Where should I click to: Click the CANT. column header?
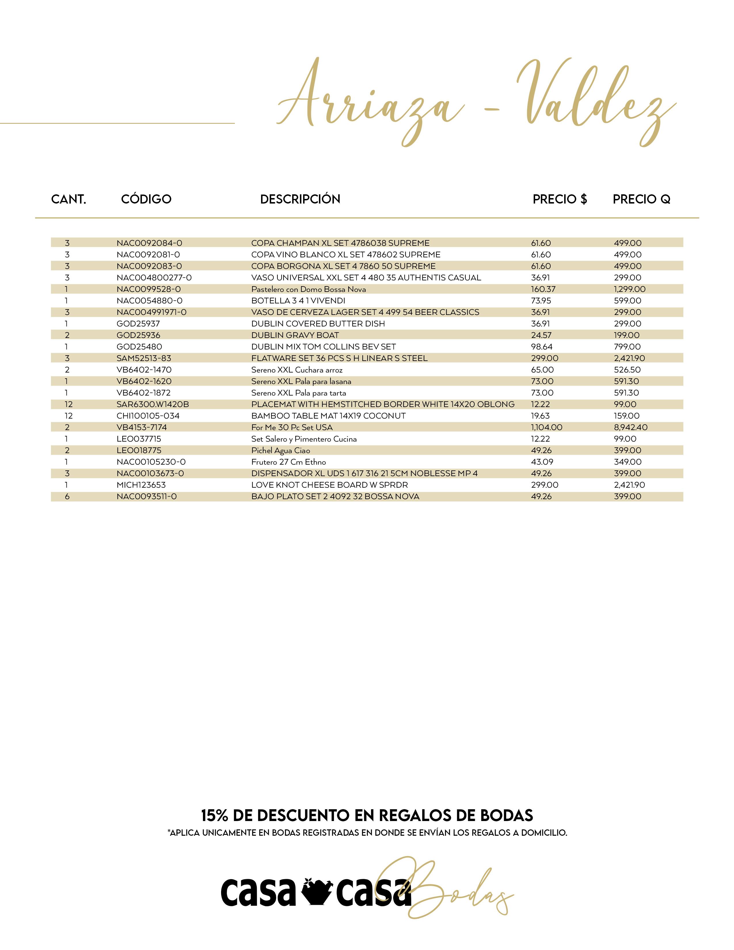[69, 199]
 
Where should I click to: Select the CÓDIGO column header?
[146, 199]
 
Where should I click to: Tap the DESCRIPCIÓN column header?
[300, 199]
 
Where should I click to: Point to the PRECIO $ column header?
[560, 199]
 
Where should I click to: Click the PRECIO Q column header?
[641, 199]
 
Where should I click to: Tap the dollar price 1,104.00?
[547, 428]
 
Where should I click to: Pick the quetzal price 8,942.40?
[630, 428]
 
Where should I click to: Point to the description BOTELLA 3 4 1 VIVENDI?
[298, 301]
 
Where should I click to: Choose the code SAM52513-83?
[144, 358]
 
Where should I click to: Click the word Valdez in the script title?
[596, 100]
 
